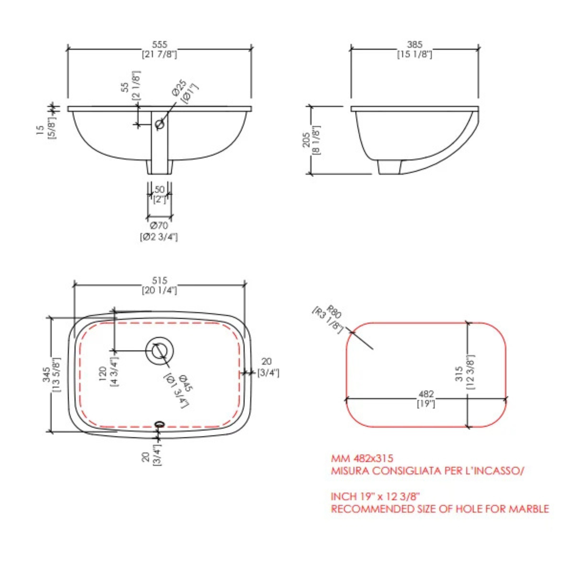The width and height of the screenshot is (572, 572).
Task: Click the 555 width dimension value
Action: click(x=160, y=45)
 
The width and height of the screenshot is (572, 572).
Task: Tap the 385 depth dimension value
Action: click(x=415, y=45)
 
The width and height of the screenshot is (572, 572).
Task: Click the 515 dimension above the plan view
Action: click(x=160, y=280)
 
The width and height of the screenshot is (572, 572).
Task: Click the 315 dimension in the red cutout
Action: click(x=459, y=374)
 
